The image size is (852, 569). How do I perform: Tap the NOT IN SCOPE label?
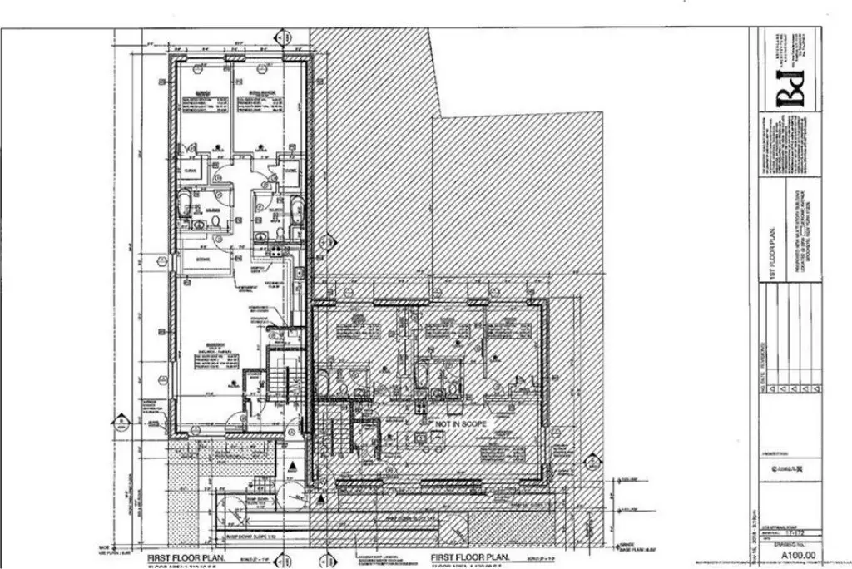pos(457,423)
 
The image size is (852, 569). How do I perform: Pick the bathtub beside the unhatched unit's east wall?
pos(297,207)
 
